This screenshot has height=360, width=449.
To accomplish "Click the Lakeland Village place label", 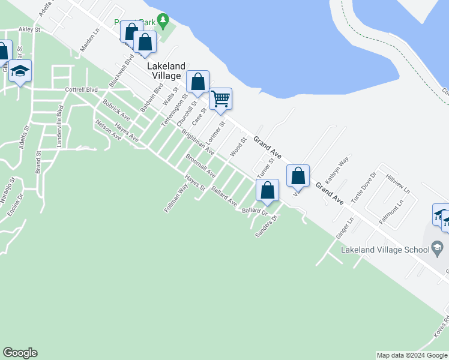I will (164, 71).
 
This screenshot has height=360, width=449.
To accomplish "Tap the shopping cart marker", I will (221, 98).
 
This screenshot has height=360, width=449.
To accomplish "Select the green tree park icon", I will (163, 22).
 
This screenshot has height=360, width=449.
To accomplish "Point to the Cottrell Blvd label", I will (81, 89).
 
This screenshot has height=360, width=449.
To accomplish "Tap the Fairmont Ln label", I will (391, 214).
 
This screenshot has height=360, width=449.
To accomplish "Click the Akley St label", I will (29, 29).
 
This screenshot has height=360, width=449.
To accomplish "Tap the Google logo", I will (20, 353).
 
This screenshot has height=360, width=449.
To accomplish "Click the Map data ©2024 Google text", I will (411, 355).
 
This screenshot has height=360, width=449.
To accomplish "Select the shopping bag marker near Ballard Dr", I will (268, 191).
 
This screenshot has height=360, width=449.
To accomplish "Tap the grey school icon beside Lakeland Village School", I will (437, 247).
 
